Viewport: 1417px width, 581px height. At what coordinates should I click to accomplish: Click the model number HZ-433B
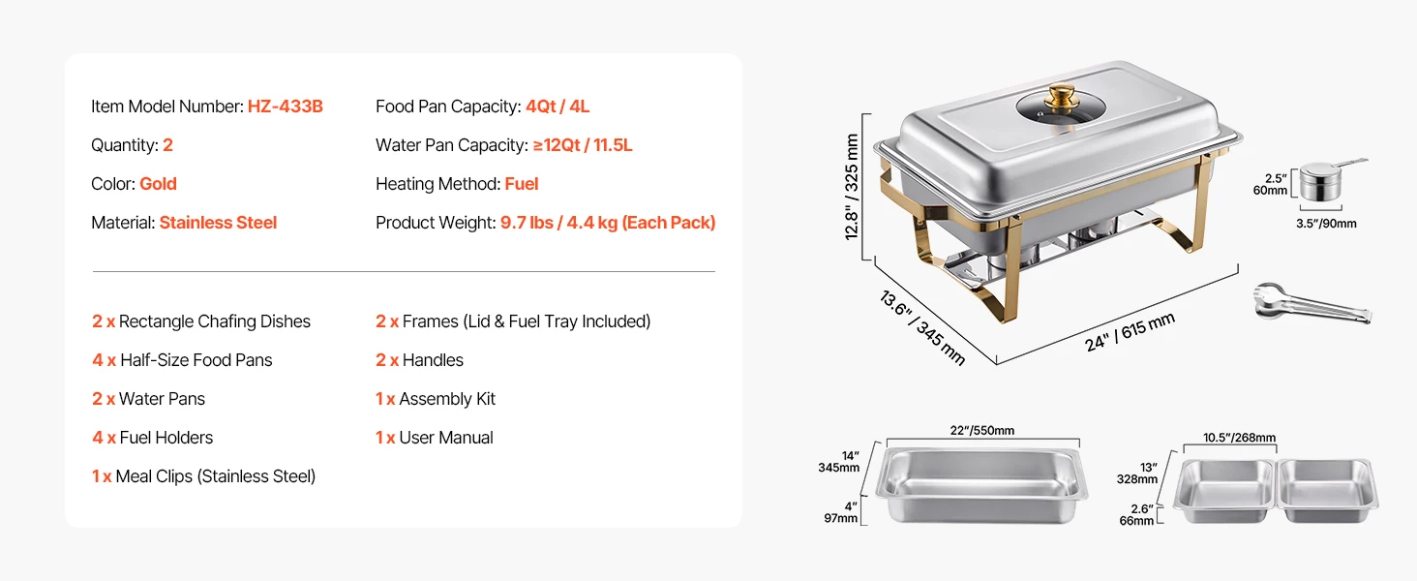(285, 107)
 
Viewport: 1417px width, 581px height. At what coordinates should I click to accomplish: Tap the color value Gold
(158, 184)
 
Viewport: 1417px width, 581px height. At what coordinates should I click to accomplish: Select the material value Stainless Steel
(218, 223)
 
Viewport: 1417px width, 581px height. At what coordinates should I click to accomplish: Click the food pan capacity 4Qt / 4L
(557, 107)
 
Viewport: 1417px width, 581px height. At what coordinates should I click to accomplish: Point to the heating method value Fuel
(521, 184)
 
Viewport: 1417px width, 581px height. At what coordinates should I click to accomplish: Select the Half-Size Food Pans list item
(196, 360)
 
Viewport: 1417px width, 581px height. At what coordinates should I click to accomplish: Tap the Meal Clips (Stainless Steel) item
(215, 476)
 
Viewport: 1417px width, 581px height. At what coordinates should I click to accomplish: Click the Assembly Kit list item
(446, 399)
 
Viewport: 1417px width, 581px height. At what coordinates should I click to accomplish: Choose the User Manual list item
(445, 438)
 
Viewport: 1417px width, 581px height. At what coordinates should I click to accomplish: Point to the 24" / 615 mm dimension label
(1130, 332)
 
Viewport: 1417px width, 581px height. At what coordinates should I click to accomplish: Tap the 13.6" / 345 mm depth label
(922, 327)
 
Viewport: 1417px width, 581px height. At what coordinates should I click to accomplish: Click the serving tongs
(1311, 304)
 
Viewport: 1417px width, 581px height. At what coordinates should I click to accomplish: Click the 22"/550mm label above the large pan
(981, 431)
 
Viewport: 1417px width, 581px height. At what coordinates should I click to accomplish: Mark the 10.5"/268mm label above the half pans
(1239, 438)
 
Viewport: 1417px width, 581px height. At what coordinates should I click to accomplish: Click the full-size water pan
(982, 483)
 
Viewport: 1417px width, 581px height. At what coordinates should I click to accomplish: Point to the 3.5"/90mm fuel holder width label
(1326, 224)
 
